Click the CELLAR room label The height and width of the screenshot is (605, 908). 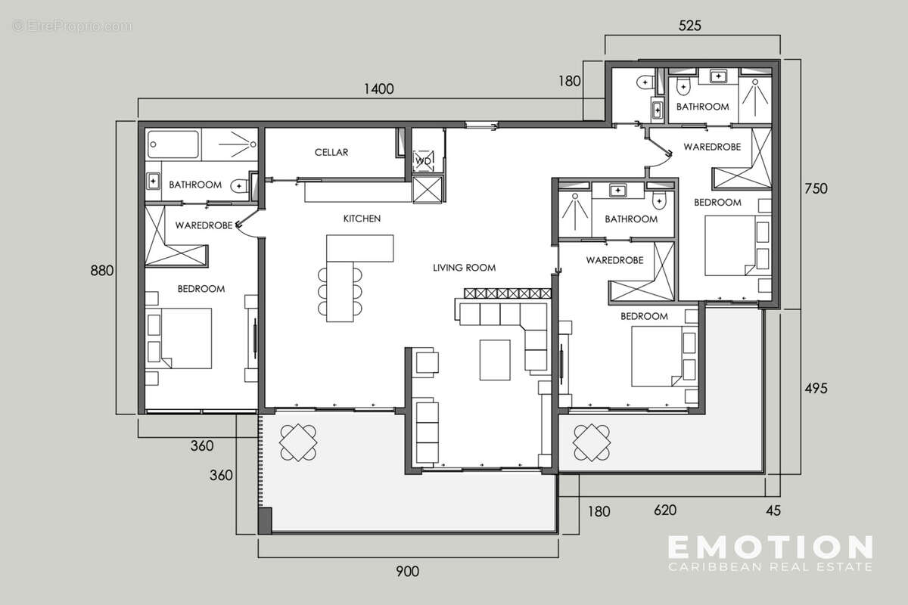(x=331, y=153)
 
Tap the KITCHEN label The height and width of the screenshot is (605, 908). (x=362, y=219)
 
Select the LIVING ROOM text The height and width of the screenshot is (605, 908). (x=464, y=268)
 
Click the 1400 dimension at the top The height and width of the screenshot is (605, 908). (x=378, y=89)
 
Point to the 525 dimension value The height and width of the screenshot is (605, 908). (x=690, y=26)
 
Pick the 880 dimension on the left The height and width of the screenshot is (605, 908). (x=101, y=271)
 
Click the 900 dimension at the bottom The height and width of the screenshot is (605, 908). (x=407, y=571)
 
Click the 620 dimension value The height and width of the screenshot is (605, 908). (x=664, y=510)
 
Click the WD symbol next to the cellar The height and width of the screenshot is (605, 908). (x=421, y=160)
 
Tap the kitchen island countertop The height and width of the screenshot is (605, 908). (x=360, y=248)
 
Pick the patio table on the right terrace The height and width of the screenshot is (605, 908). (x=592, y=442)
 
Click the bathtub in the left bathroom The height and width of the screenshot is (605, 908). (x=174, y=144)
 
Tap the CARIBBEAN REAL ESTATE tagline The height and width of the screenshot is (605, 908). (x=770, y=566)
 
